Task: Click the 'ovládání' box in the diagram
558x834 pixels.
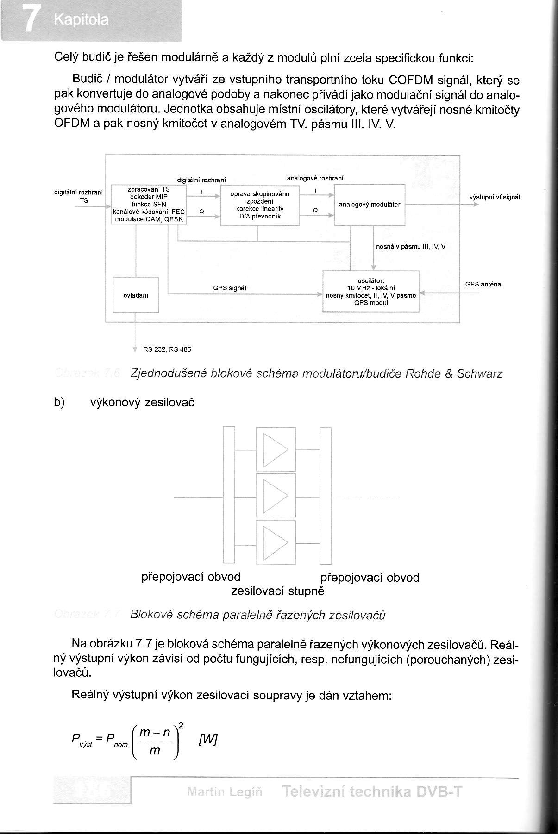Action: pos(136,295)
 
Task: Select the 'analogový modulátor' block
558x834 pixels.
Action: pos(370,205)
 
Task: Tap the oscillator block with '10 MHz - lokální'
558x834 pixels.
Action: pos(371,292)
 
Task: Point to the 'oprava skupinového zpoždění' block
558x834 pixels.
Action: pos(260,205)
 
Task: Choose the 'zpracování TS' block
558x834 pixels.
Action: pos(149,205)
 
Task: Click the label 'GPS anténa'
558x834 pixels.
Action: pos(483,284)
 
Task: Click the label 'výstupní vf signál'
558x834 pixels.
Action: pos(495,197)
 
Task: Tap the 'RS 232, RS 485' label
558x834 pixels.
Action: pos(167,349)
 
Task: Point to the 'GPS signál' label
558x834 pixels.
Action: pos(230,288)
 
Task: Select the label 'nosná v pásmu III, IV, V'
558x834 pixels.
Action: pos(411,247)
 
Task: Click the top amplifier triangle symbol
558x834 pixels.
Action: pos(276,449)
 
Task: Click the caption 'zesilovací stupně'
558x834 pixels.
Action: pos(277,591)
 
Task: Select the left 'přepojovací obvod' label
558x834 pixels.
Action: pos(191,577)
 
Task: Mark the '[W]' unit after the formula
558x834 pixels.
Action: pos(207,740)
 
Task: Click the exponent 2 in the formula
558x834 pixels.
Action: pos(181,725)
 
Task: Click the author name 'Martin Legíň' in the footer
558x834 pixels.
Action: pos(225,791)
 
